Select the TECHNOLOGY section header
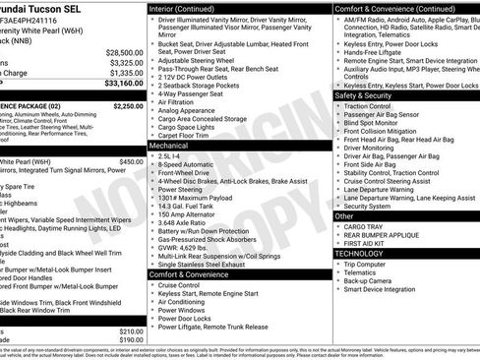pos(359,253)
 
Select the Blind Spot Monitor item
pos(375,123)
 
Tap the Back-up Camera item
pos(368,280)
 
